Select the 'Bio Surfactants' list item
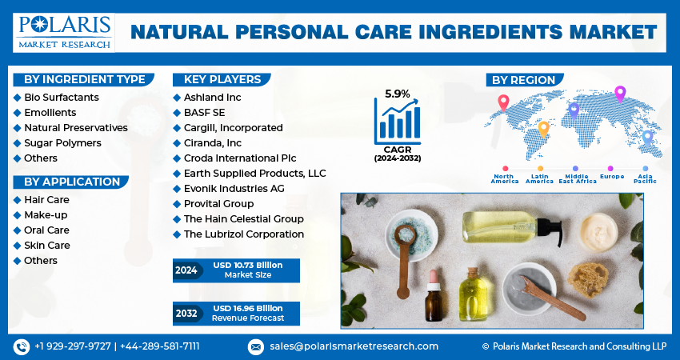62,97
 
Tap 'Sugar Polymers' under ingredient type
62,142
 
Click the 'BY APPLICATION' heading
71,182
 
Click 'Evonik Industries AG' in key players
234,188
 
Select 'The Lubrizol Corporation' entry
243,234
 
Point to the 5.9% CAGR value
398,94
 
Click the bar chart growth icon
398,121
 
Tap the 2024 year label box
186,270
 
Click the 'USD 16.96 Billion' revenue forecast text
247,308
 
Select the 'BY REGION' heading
523,80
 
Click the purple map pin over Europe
619,94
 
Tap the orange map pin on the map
543,128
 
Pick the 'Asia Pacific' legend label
645,178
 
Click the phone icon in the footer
21,346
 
